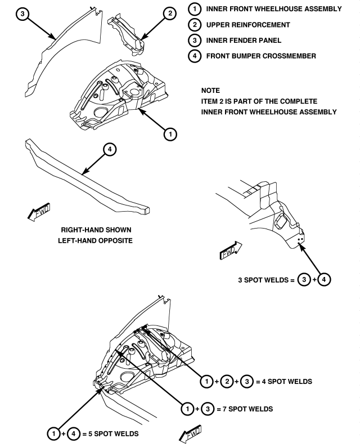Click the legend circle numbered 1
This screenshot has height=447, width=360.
coord(195,9)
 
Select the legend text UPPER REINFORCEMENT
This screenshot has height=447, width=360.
coord(248,25)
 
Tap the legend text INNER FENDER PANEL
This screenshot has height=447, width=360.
coord(244,41)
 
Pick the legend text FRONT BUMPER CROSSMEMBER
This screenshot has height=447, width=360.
coord(261,56)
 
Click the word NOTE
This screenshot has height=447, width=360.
coord(210,91)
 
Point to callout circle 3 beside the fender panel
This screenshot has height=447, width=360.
coord(22,14)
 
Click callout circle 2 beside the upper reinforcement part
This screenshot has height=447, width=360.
coord(170,14)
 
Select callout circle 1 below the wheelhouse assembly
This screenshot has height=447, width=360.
coord(170,134)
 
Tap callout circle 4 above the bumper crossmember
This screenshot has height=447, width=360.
coord(110,149)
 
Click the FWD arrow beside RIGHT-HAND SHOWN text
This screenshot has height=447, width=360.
coord(39,212)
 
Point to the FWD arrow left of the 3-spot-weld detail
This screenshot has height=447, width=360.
coord(231,251)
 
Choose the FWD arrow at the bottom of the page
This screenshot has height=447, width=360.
coord(190,434)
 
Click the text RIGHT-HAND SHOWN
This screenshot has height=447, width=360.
coord(96,230)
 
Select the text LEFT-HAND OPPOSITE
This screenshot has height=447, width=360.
coord(96,240)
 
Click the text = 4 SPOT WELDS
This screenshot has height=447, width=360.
coord(284,382)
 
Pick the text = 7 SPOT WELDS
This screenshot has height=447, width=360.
coord(245,409)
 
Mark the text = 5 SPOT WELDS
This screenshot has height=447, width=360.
coord(110,434)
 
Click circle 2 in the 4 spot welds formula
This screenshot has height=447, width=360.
coord(227,382)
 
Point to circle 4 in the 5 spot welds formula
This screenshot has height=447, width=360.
coord(74,434)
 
